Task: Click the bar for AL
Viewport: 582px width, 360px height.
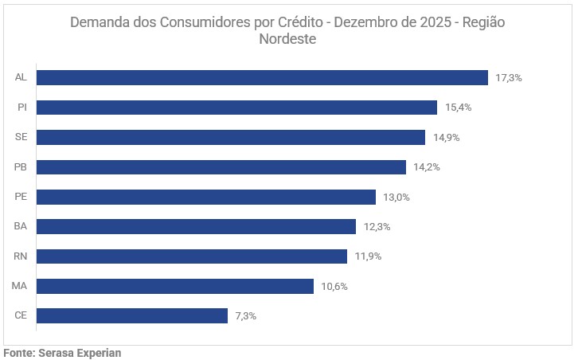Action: point(262,77)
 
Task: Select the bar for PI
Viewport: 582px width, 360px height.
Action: point(236,108)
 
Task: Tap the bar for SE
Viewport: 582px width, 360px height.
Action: point(231,137)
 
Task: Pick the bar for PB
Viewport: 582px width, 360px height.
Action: point(221,167)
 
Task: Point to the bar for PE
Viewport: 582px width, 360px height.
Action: point(206,197)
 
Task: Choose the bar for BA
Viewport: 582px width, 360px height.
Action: point(196,227)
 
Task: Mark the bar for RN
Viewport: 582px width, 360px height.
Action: point(192,256)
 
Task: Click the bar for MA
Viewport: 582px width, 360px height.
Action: point(175,286)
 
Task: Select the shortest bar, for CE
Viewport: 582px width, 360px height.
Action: point(132,316)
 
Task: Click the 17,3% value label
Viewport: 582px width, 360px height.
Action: point(508,78)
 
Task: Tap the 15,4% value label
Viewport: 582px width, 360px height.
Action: point(458,108)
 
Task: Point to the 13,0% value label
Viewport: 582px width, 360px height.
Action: point(396,198)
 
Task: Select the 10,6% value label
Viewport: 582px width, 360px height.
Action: point(334,287)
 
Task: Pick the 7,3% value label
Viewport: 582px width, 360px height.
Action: point(246,316)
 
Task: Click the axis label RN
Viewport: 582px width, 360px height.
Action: point(21,256)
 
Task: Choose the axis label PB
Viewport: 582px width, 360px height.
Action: point(21,167)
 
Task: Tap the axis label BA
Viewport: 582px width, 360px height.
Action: point(21,227)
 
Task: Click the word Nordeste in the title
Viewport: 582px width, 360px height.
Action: point(287,39)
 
